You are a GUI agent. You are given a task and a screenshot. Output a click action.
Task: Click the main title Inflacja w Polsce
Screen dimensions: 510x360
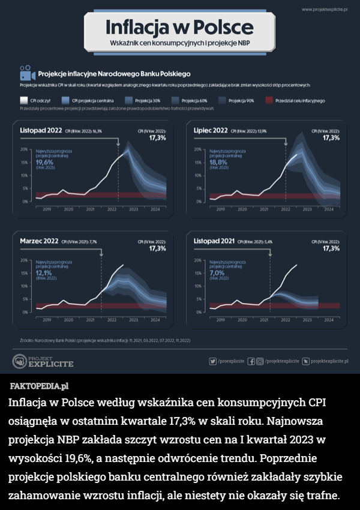(179, 28)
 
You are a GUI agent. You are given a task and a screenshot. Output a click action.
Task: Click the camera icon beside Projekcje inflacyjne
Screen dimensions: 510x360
(25, 73)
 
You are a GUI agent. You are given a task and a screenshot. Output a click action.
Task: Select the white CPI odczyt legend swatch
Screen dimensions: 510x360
(24, 100)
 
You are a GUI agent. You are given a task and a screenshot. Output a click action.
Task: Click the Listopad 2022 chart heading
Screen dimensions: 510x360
(41, 130)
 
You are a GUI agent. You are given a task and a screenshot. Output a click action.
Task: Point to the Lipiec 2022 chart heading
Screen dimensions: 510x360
(210, 130)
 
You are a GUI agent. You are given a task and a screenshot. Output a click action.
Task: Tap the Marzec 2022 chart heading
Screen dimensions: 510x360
(39, 241)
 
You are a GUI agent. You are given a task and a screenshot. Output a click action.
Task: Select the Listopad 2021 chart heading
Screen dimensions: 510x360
(214, 241)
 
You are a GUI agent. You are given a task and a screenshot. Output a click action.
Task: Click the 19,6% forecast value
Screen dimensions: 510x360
(45, 162)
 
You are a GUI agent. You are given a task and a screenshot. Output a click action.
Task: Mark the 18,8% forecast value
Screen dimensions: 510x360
(218, 162)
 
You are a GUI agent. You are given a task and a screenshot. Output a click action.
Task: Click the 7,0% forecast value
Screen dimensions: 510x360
(217, 273)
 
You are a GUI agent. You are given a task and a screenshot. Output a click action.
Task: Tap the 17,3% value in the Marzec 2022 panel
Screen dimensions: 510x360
(157, 249)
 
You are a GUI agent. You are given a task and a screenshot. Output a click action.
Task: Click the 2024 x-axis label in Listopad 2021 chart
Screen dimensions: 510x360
(329, 320)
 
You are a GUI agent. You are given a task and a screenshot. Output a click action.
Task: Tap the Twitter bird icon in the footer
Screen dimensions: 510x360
(212, 361)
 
